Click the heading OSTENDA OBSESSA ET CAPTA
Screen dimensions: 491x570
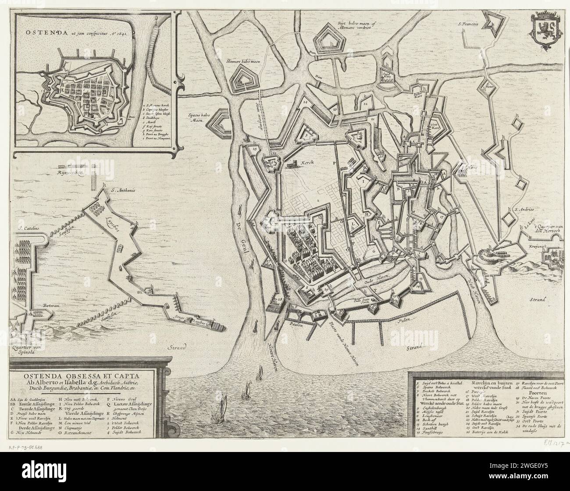point(88,376)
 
